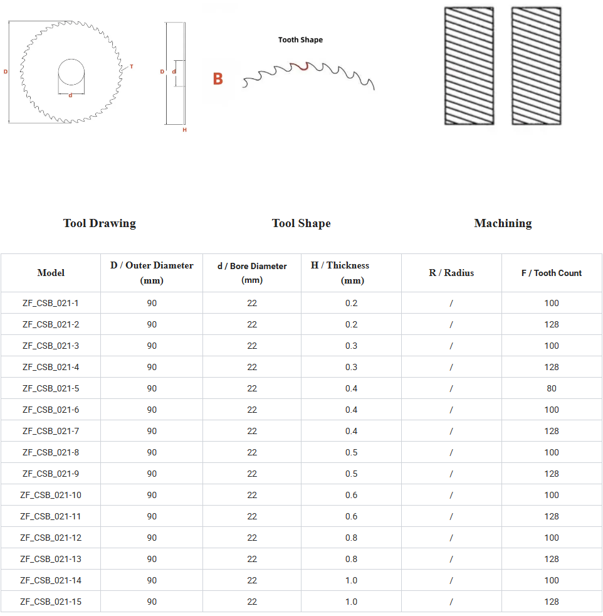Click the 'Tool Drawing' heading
[99, 223]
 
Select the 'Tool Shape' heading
[301, 223]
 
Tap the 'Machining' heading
[503, 223]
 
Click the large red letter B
[218, 79]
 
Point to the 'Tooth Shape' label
[300, 40]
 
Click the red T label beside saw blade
[132, 66]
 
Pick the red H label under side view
[184, 130]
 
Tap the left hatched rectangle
[469, 66]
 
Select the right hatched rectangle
[536, 66]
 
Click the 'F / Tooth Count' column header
[551, 273]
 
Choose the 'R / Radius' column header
[451, 273]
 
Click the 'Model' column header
[51, 273]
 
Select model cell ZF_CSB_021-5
[51, 388]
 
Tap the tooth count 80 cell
[552, 388]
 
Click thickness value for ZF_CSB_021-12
[351, 538]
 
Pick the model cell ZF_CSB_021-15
[51, 602]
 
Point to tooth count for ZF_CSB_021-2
[552, 324]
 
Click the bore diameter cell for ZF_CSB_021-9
[252, 474]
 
